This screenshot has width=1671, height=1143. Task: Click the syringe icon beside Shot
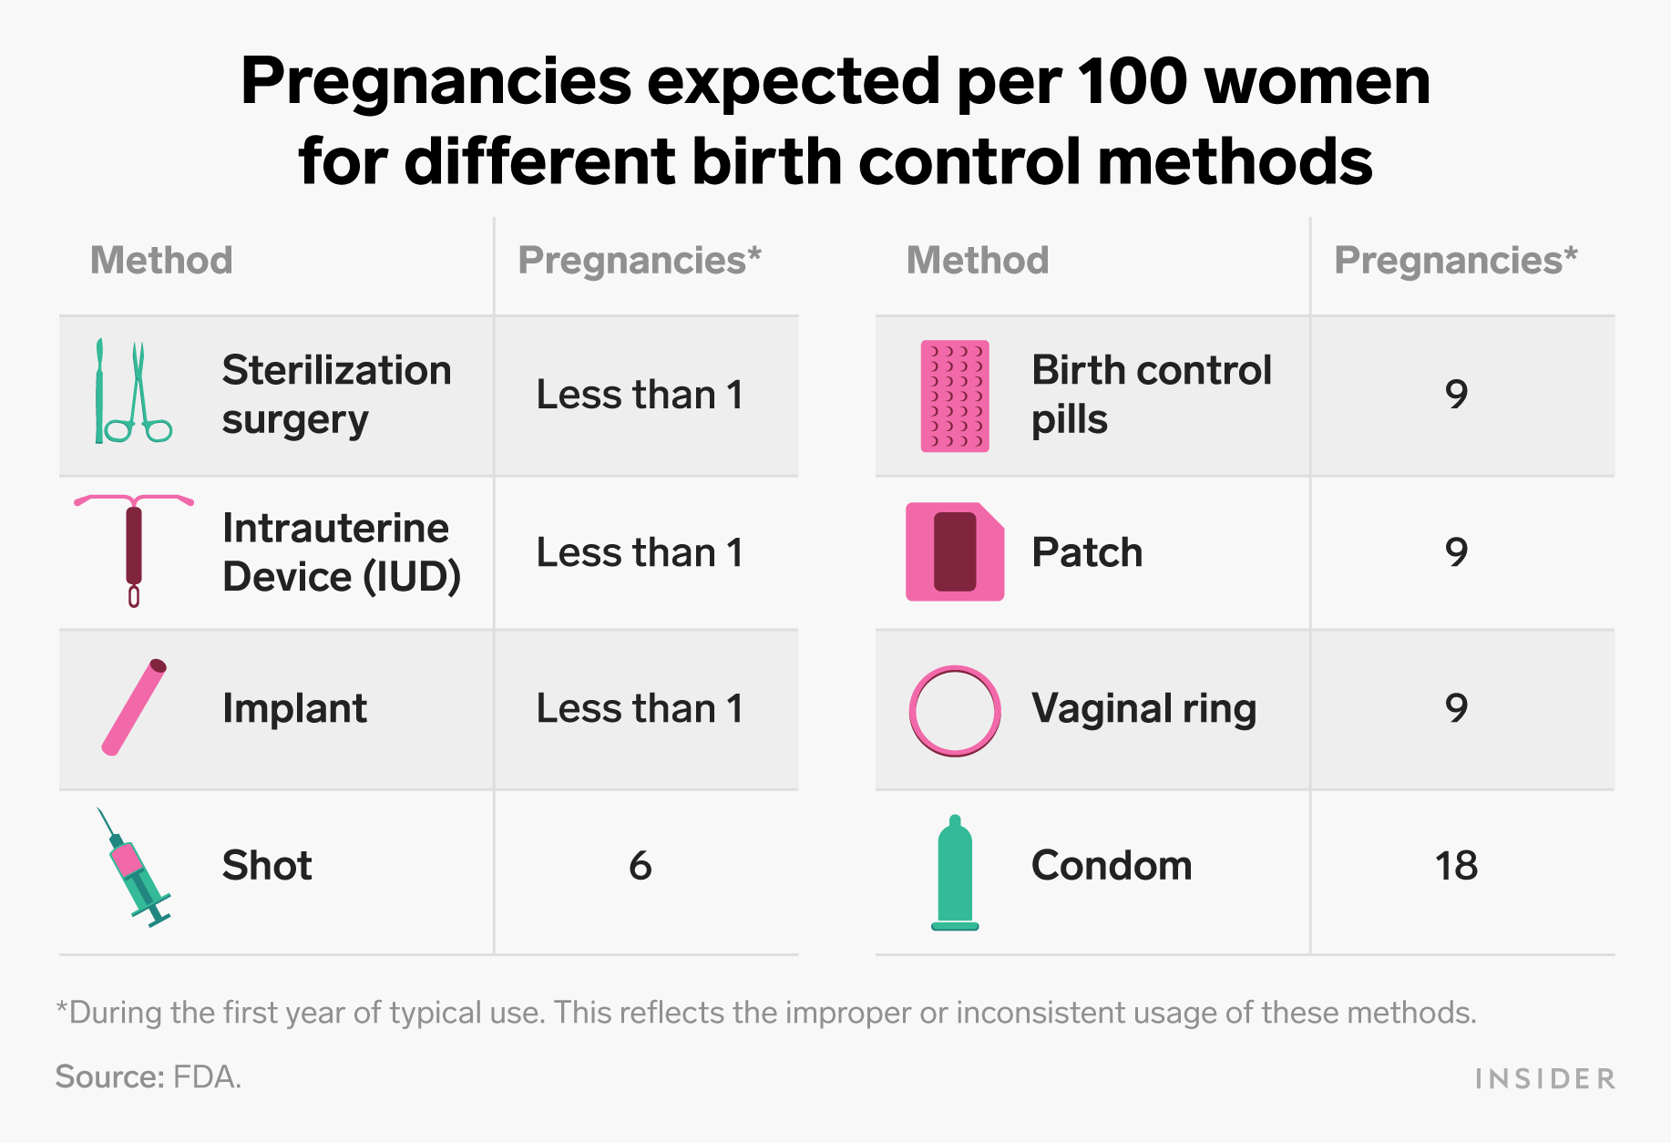click(x=135, y=868)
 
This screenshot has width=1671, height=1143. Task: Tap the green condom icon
click(x=955, y=873)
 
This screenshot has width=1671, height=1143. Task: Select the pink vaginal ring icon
click(x=955, y=711)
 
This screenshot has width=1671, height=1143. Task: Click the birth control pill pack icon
click(x=955, y=396)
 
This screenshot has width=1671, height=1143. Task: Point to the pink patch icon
click(x=955, y=551)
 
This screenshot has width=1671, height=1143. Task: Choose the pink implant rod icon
click(x=134, y=707)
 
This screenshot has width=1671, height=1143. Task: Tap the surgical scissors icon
click(x=134, y=392)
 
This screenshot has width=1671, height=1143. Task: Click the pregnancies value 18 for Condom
click(x=1456, y=866)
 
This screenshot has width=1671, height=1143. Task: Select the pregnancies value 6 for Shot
click(x=641, y=866)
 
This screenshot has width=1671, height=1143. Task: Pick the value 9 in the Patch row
click(x=1457, y=552)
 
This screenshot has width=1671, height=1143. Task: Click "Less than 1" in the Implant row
click(x=640, y=708)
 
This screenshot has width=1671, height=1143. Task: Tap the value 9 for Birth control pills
click(x=1457, y=395)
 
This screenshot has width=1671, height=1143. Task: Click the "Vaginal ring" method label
click(x=1143, y=709)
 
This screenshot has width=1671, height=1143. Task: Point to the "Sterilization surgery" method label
click(x=337, y=395)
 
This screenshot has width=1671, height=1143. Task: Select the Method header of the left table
click(x=161, y=261)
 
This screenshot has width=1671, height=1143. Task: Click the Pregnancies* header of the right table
click(x=1456, y=262)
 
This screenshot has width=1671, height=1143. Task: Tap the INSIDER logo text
click(x=1545, y=1079)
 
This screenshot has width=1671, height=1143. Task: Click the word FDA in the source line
click(x=207, y=1077)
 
